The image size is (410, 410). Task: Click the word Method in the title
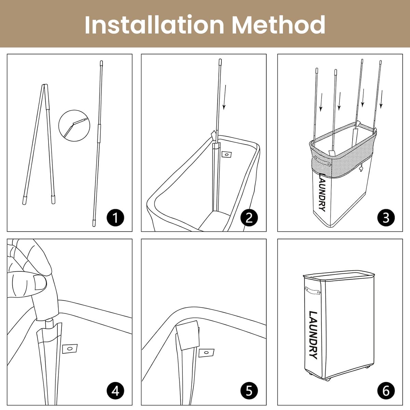click(278, 25)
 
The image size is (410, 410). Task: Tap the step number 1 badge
click(115, 218)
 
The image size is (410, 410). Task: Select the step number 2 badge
click(249, 218)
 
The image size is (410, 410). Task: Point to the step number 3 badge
click(386, 218)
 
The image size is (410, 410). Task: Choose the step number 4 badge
click(115, 391)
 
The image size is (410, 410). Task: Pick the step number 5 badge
click(249, 391)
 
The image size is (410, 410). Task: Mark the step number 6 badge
click(386, 391)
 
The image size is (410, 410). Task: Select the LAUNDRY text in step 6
click(313, 335)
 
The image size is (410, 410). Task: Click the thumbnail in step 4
click(40, 283)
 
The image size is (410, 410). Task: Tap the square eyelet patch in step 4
click(70, 348)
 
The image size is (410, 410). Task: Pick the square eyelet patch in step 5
click(206, 353)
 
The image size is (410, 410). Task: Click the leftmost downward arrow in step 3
click(320, 102)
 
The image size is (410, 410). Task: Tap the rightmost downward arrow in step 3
click(381, 99)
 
